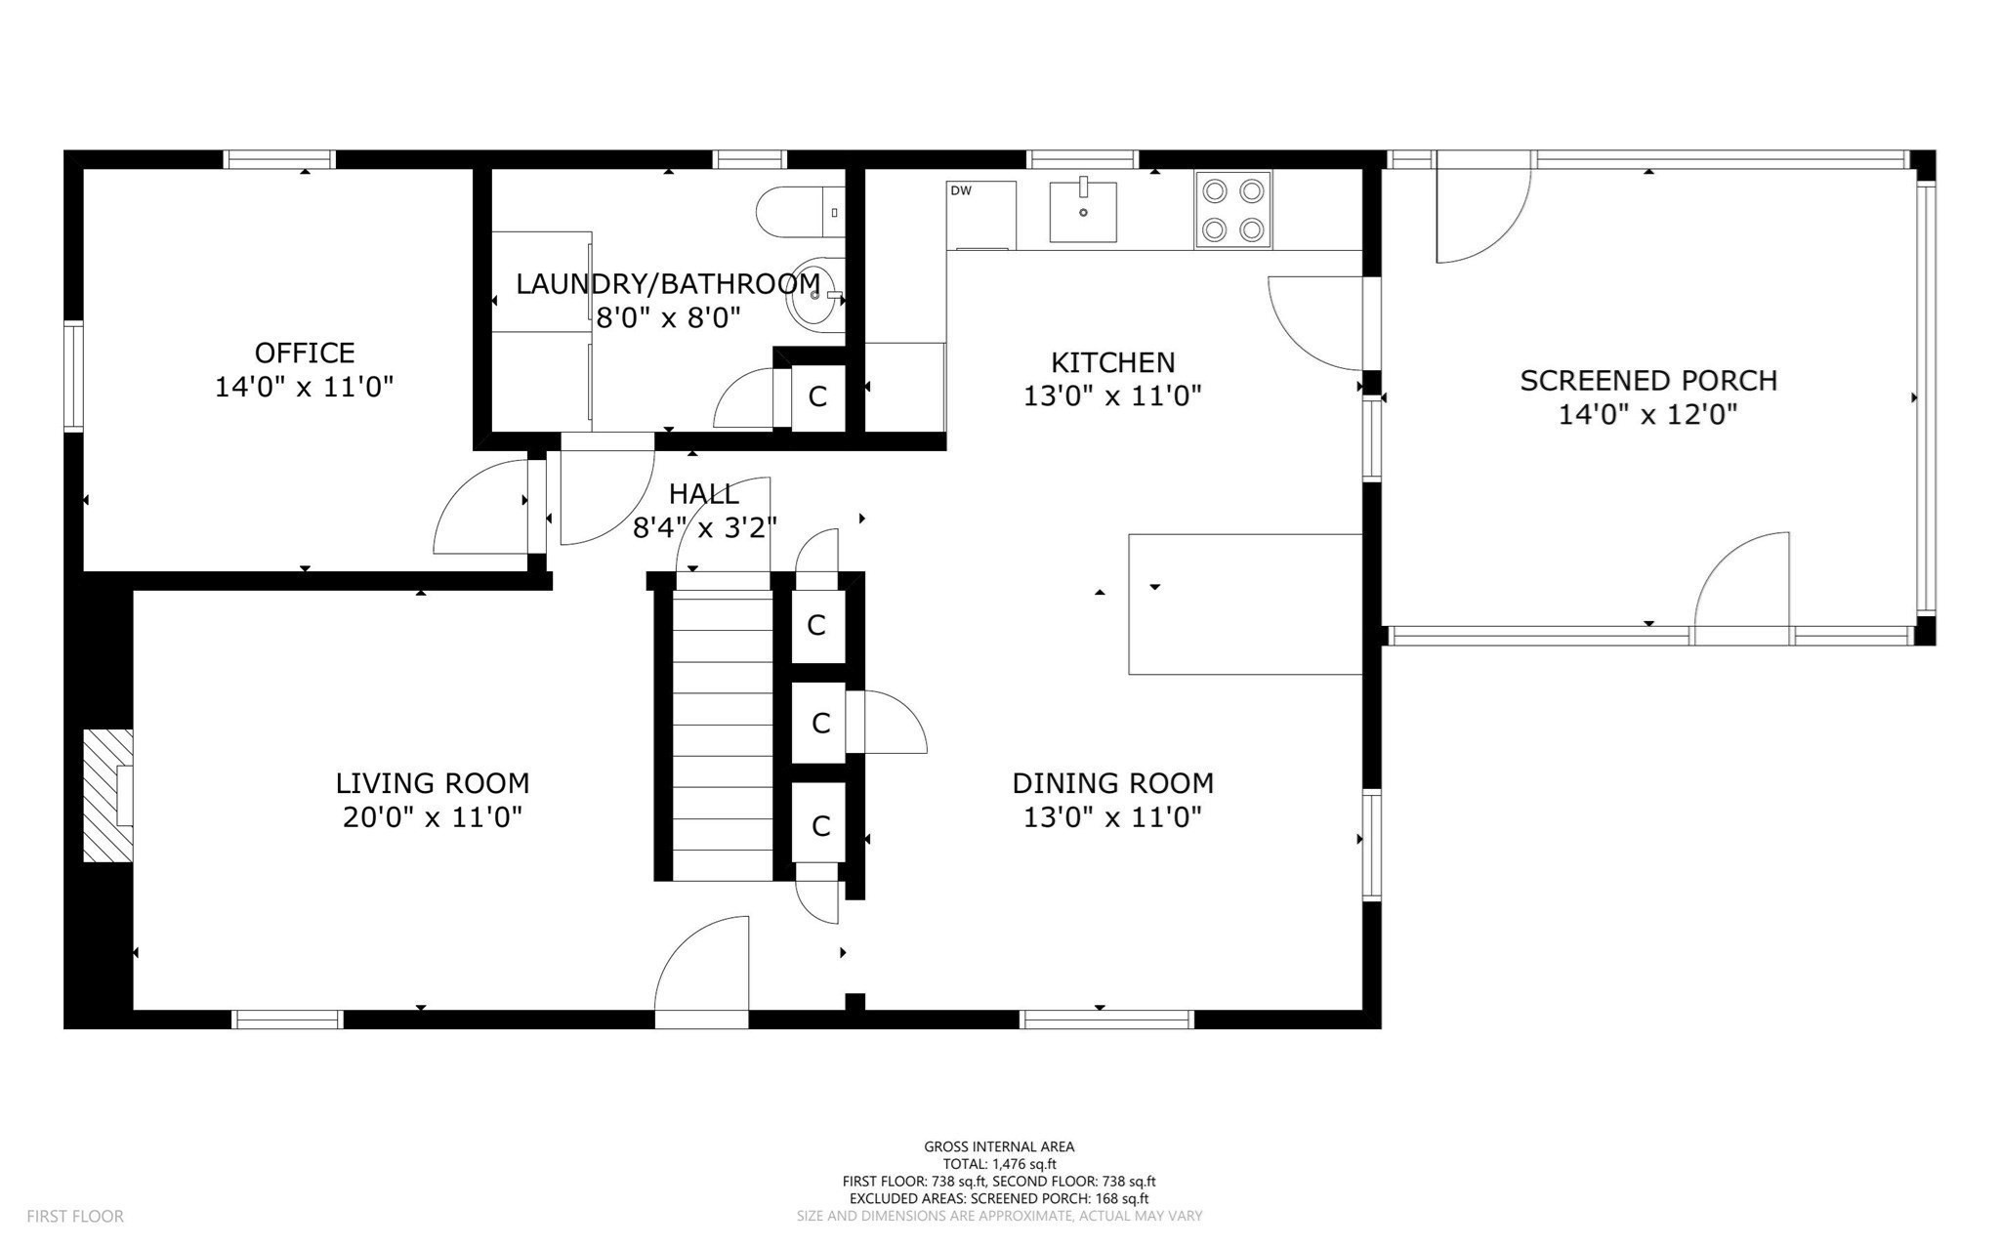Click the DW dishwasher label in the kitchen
(961, 191)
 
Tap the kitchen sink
(1082, 211)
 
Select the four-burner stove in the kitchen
(1232, 209)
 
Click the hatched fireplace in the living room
(105, 795)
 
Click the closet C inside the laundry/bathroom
(817, 396)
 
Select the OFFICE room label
(305, 353)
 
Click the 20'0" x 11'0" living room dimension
(433, 817)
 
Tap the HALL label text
(703, 494)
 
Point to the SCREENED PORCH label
(1648, 381)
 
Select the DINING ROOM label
(1112, 783)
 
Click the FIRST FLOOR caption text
(75, 1217)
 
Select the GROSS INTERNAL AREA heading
(999, 1147)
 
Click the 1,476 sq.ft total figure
(1024, 1164)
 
